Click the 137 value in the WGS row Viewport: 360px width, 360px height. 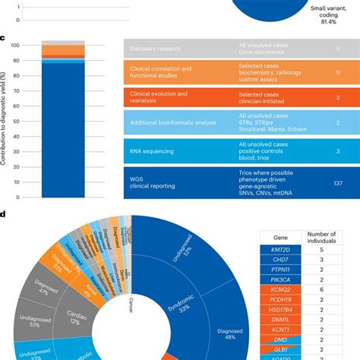[x=338, y=183]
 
